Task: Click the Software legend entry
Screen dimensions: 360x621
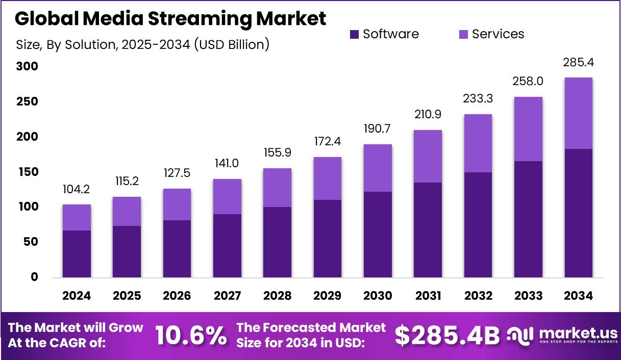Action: pos(384,34)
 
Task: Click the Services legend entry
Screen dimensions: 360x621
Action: pos(491,34)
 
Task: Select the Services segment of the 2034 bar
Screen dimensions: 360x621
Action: pos(578,113)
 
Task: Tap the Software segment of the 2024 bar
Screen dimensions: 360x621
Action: pos(77,254)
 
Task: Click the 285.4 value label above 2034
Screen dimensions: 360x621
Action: pos(578,63)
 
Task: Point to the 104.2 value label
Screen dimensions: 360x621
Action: pos(77,190)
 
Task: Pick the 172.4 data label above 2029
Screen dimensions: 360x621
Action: pos(327,142)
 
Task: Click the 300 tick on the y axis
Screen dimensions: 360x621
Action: pos(27,67)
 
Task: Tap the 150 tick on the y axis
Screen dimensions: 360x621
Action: pos(27,172)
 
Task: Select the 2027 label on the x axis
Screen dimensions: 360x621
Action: pos(227,296)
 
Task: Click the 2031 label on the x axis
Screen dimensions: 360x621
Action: pos(428,296)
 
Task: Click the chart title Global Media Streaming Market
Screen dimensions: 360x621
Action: pos(170,19)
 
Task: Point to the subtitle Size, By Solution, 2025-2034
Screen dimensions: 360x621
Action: pos(143,44)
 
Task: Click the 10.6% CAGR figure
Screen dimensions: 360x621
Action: pos(191,335)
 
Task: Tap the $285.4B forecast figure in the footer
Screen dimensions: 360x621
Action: pos(447,335)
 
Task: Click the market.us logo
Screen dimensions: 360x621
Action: pos(562,335)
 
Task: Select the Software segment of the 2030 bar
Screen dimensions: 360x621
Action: pos(378,235)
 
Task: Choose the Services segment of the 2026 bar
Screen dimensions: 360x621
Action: pos(177,204)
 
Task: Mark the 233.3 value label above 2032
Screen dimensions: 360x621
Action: pos(478,99)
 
